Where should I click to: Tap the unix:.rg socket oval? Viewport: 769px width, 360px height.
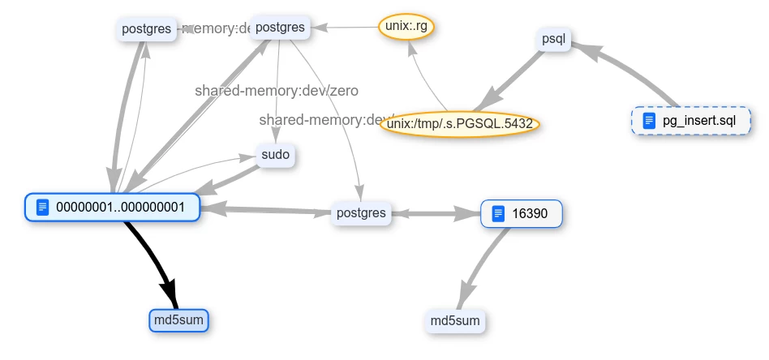pos(406,27)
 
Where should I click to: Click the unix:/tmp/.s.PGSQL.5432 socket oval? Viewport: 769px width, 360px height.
pos(460,124)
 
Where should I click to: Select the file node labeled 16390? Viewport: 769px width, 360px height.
pos(521,214)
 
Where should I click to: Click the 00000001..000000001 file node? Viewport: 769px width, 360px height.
pos(112,208)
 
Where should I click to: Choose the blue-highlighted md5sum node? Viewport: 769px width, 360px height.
pos(179,320)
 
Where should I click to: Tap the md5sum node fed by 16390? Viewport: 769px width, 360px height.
pos(455,321)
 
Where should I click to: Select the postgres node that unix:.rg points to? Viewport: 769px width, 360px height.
pos(280,28)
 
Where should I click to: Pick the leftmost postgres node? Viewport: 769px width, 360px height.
pos(146,30)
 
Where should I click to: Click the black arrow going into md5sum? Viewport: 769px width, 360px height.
pos(154,259)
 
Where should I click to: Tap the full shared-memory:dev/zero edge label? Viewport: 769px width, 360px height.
pos(276,91)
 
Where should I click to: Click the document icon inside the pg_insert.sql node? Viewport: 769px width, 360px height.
pos(648,122)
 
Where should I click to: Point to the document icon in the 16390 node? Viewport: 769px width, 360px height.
pos(498,214)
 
